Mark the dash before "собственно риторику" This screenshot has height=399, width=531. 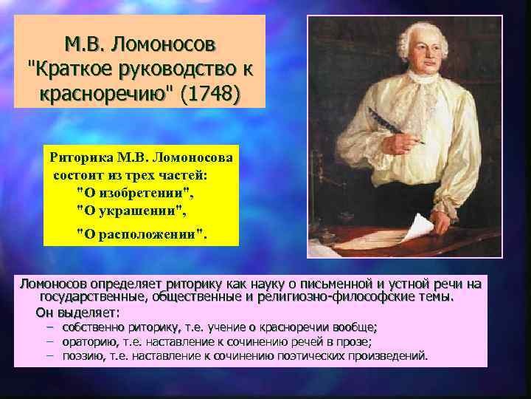coord(50,327)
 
